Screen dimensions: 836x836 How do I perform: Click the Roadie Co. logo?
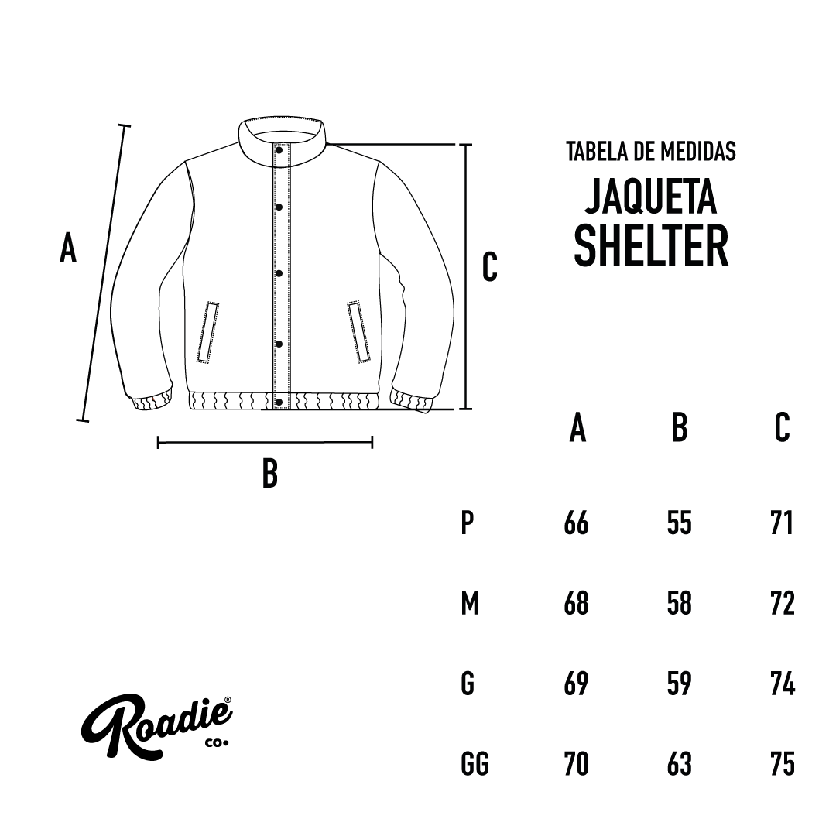click(156, 727)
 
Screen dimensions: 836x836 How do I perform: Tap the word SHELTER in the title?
click(651, 246)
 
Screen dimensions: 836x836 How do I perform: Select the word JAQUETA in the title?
click(651, 196)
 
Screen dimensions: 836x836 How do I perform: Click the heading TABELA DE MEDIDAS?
click(651, 152)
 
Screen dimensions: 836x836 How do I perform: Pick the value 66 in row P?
click(576, 523)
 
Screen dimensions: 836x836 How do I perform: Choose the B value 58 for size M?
click(680, 603)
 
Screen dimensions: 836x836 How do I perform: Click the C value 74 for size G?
click(783, 684)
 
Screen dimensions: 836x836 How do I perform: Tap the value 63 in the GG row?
click(680, 763)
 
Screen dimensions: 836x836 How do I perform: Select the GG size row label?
click(475, 763)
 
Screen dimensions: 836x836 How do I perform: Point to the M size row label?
click(469, 603)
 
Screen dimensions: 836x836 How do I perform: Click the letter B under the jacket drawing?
click(270, 474)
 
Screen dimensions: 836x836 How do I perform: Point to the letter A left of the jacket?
click(67, 248)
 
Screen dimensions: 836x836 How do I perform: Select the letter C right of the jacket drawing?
click(489, 267)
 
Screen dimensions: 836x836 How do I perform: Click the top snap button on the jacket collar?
click(279, 150)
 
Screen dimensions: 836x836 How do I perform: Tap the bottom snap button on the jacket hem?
click(279, 402)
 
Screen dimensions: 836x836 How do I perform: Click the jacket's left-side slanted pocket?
click(208, 332)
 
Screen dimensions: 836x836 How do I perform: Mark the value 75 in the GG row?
click(783, 763)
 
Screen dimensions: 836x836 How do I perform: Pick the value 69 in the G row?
click(576, 684)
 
